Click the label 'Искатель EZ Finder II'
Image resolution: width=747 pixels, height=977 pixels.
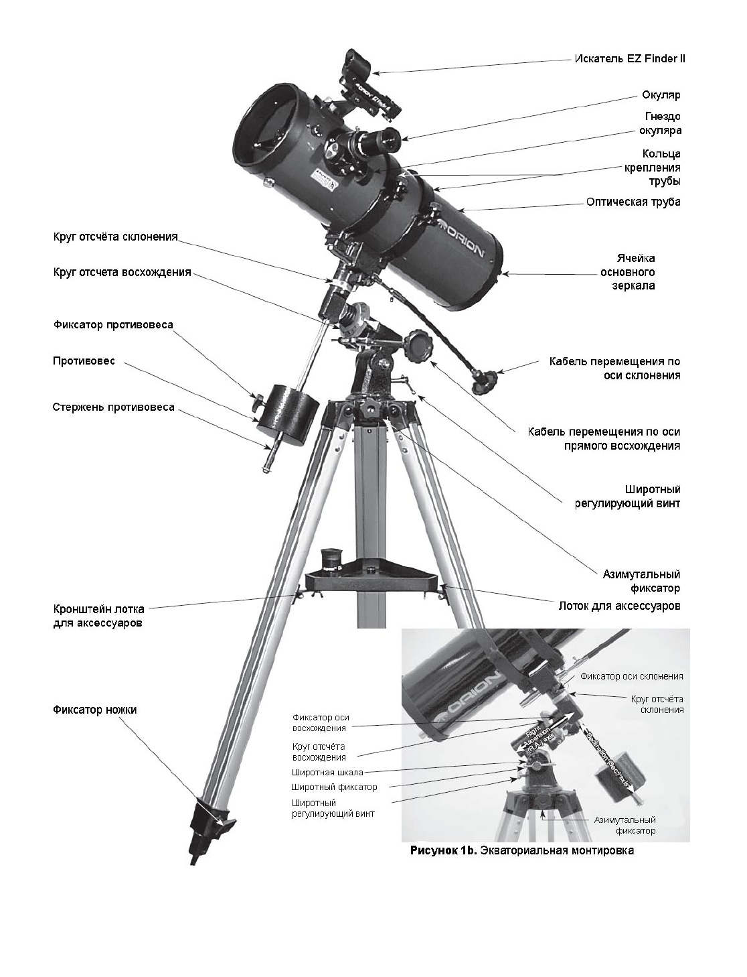[629, 58]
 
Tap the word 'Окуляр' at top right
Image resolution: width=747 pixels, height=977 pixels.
[661, 94]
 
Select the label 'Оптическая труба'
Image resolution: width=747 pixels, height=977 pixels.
[633, 202]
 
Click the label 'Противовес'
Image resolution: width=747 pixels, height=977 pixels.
[84, 361]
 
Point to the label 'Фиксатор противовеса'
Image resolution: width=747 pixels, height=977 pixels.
[113, 325]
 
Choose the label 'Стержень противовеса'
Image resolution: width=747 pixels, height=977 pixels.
[113, 407]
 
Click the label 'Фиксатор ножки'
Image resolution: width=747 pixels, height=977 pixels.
[94, 710]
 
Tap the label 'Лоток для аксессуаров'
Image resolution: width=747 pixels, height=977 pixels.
[619, 606]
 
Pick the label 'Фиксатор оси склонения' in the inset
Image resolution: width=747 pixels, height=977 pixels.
[631, 676]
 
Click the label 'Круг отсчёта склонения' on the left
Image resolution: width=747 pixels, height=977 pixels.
[115, 237]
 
